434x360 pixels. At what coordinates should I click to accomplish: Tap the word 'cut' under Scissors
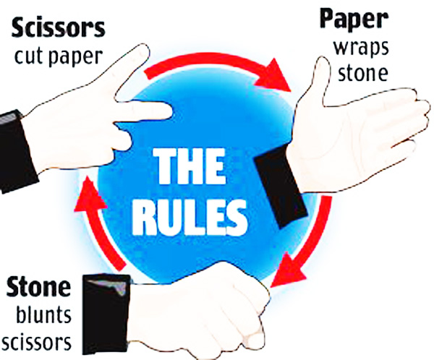click(33, 57)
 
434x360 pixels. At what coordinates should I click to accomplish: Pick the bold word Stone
click(38, 287)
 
